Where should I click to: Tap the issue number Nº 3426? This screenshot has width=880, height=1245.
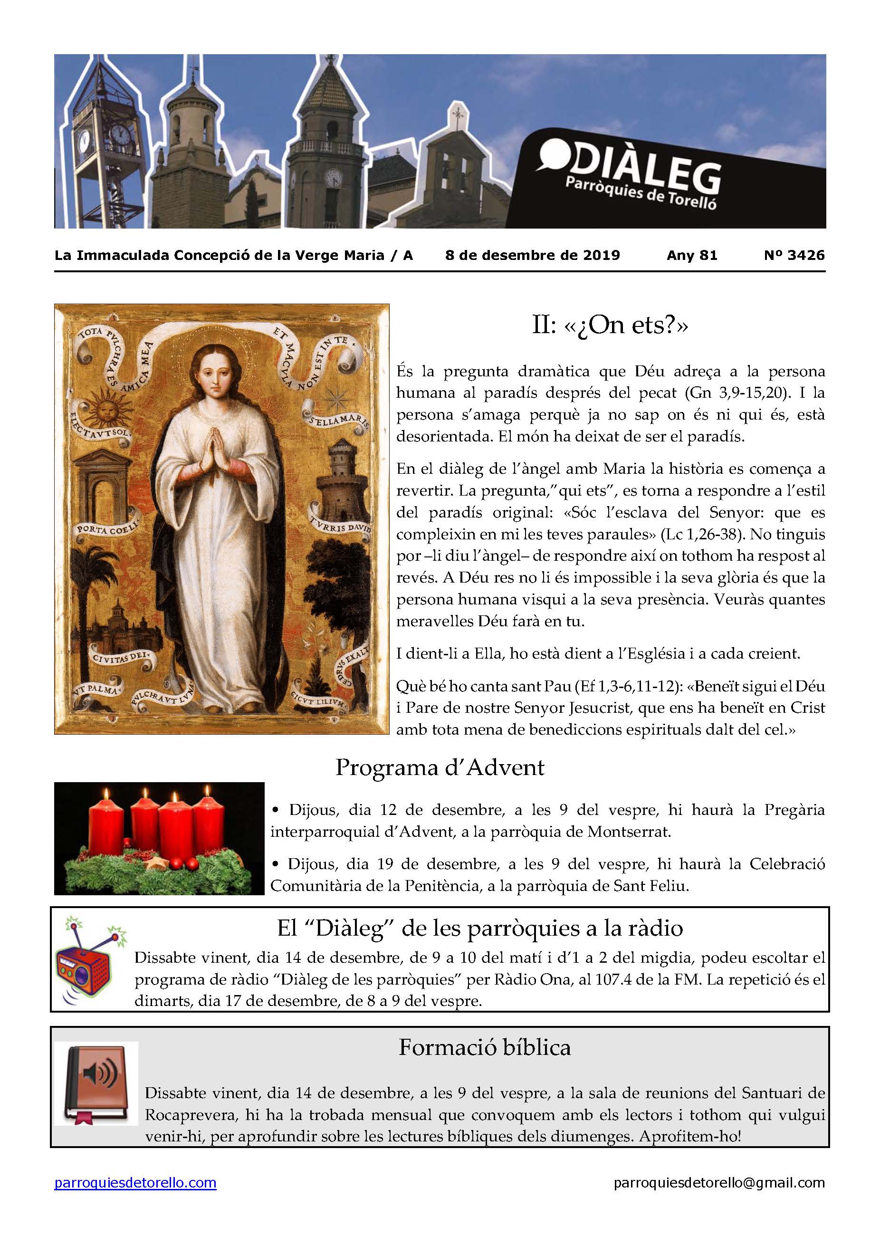794,255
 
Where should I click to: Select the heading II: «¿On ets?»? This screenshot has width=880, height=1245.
610,326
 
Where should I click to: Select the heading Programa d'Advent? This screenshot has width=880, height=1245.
439,768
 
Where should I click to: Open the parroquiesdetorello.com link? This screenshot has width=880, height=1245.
135,1183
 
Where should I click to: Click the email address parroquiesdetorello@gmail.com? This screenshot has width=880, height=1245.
719,1183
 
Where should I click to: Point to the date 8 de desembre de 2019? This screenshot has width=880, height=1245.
533,255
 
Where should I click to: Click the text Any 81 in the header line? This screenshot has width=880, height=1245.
692,255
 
